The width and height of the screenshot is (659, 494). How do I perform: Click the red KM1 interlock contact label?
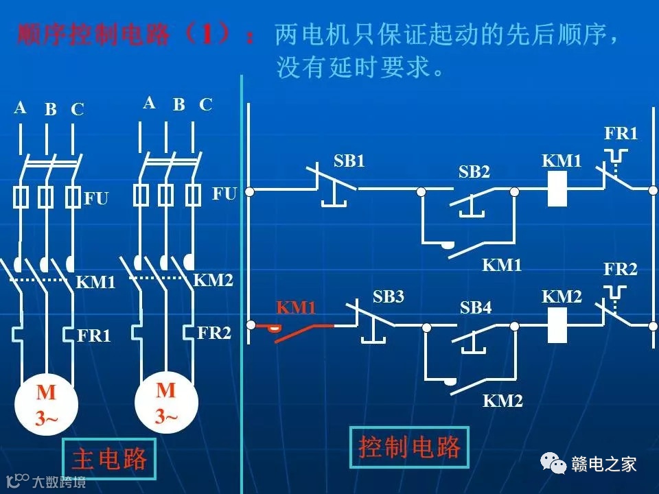point(296,308)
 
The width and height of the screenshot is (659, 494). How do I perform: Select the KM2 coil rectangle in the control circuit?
point(557,324)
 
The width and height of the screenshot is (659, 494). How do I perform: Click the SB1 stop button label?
point(349,161)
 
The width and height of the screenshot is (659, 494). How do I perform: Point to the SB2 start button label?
point(474,172)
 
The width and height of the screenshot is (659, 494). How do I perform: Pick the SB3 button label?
point(389,297)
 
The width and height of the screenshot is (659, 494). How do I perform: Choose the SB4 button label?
point(476,308)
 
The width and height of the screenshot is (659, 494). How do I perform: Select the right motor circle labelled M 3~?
point(165,402)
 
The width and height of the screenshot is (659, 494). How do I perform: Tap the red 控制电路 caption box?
point(409,448)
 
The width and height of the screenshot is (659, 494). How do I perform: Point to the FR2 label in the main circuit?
point(214,333)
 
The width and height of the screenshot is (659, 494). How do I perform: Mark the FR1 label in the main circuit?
point(94,336)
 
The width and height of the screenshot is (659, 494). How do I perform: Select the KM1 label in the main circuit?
point(95,282)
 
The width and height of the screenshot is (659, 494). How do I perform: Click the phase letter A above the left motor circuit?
point(20,108)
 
